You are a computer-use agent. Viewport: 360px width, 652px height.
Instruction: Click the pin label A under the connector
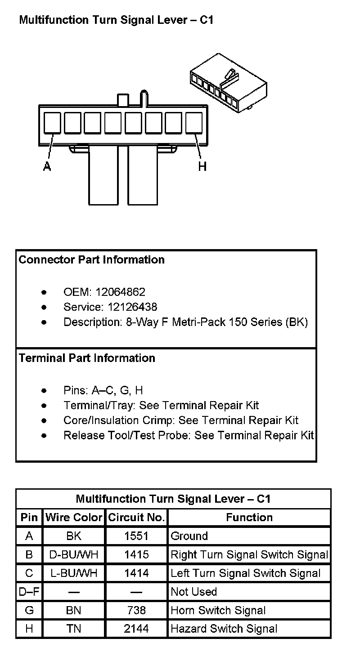[x=47, y=166]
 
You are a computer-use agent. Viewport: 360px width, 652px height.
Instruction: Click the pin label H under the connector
[x=202, y=166]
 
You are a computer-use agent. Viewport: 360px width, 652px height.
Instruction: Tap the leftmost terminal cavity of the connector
[x=53, y=123]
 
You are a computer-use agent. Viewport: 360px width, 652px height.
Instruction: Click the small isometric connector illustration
[x=228, y=83]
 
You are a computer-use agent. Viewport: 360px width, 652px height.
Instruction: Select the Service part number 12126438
[x=132, y=307]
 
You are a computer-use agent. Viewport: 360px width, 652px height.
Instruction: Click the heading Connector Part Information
[x=92, y=260]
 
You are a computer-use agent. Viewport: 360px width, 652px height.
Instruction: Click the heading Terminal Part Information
[x=87, y=358]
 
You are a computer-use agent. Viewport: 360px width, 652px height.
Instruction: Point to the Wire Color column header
[x=74, y=518]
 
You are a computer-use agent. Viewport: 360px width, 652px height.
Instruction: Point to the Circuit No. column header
[x=136, y=518]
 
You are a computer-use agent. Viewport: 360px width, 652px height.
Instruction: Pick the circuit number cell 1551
[x=136, y=536]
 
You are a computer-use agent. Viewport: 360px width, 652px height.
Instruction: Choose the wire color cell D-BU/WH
[x=74, y=555]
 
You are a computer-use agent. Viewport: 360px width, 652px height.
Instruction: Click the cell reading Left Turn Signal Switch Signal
[x=246, y=573]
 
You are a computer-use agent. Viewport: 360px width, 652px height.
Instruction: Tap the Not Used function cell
[x=194, y=592]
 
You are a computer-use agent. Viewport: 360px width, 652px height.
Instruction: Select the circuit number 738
[x=136, y=610]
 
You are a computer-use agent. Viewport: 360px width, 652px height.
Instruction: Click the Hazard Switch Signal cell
[x=224, y=629]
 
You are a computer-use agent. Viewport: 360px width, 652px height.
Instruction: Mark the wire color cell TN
[x=74, y=629]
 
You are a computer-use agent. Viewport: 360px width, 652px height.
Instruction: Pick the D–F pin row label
[x=29, y=592]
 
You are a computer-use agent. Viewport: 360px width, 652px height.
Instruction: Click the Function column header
[x=249, y=518]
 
